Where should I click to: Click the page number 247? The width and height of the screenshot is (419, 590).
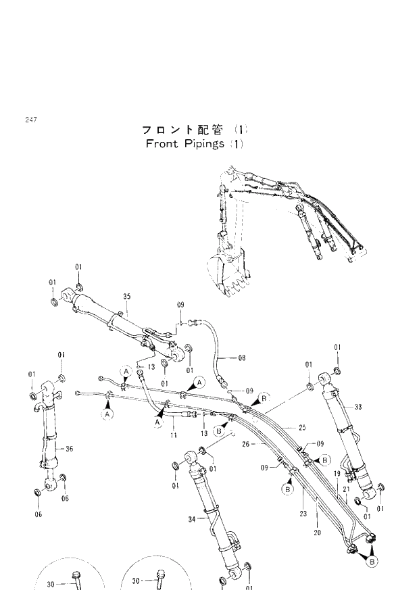31,120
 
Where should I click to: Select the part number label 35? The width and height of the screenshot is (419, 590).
126,297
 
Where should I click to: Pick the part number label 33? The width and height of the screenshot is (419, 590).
358,406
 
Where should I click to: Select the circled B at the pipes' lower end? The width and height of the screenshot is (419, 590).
372,560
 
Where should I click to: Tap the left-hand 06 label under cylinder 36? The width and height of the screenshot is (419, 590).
38,514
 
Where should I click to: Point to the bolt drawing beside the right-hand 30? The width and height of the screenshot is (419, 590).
160,578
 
